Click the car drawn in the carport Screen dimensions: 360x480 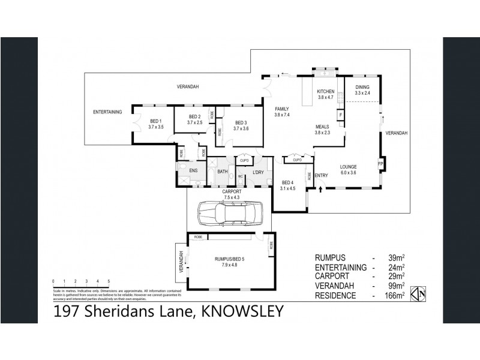229,211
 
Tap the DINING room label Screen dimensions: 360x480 362,90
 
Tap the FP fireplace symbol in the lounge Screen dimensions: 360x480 380,164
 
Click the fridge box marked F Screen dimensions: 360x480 341,114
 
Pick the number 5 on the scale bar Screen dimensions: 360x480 109,281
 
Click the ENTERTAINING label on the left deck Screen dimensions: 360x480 107,112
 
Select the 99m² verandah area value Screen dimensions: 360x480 394,286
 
